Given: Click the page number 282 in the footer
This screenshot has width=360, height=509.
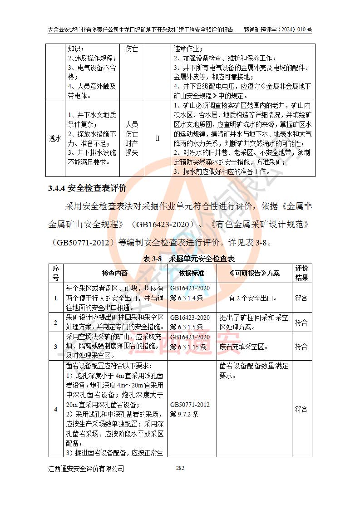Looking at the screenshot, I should [180, 468].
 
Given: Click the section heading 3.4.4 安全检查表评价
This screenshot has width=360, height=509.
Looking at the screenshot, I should [87, 188].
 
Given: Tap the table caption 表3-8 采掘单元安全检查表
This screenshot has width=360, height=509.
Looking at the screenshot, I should [188, 259].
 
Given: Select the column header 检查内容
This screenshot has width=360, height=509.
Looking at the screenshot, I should [115, 273].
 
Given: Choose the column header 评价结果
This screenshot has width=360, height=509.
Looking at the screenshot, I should [301, 273].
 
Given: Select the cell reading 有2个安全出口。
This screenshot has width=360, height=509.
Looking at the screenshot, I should [253, 298].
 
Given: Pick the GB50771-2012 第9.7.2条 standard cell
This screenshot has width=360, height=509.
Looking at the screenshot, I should [190, 409].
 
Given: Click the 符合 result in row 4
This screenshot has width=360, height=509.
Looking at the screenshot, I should [301, 409].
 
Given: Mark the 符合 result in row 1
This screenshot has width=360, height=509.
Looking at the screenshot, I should [301, 298].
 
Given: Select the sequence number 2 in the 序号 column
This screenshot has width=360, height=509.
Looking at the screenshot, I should [56, 323].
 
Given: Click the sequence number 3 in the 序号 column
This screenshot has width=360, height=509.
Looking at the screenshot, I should [56, 347].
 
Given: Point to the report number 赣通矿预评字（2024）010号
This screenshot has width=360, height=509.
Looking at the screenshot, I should [278, 29].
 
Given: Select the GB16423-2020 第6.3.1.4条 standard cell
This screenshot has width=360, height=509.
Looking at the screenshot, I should [190, 293].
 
